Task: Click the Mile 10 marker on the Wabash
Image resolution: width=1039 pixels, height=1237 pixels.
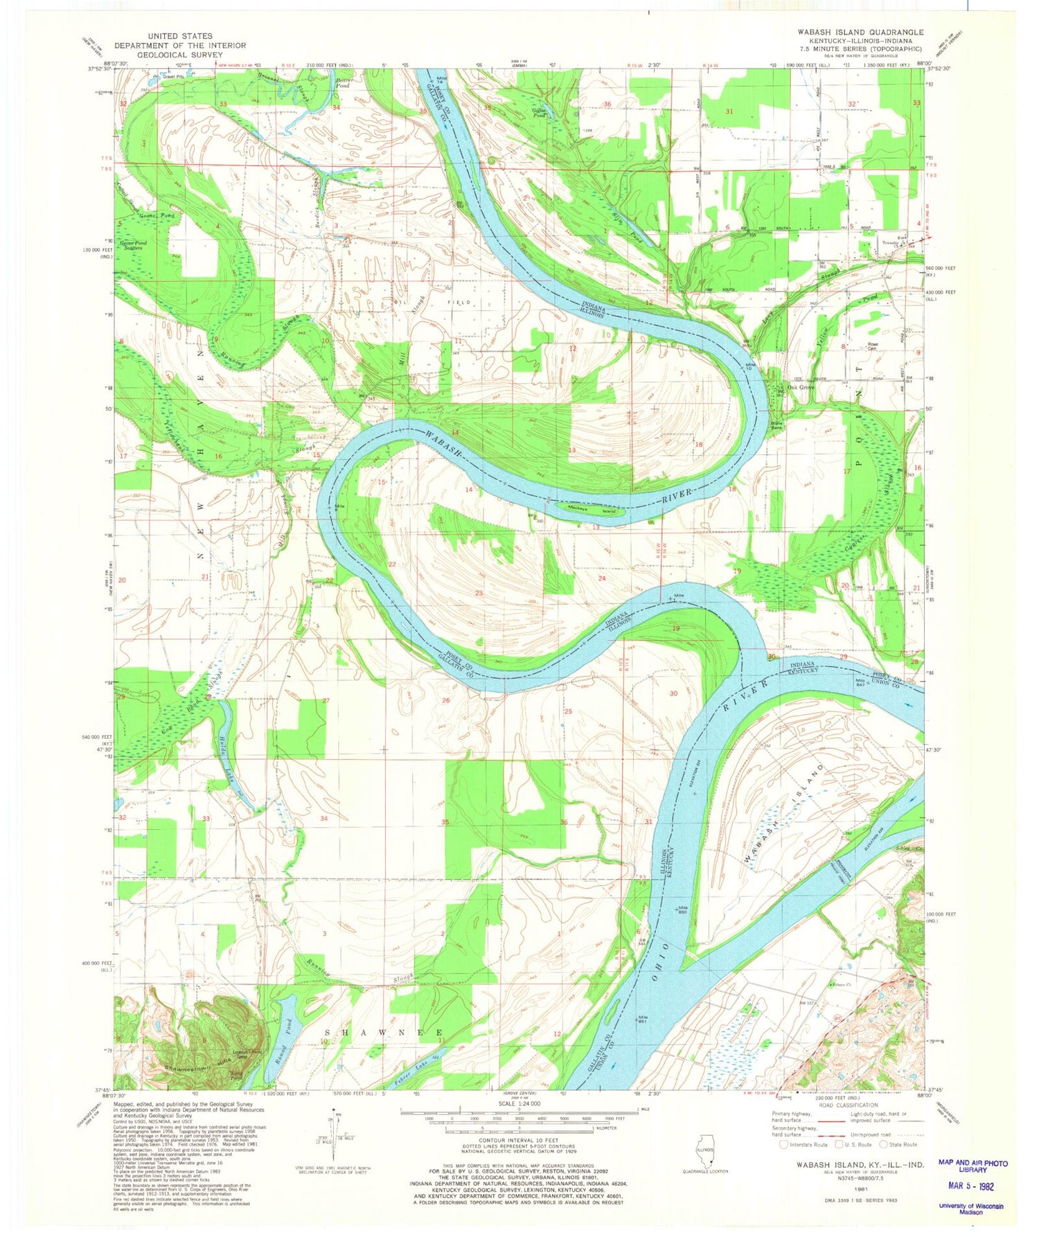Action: tap(750, 365)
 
